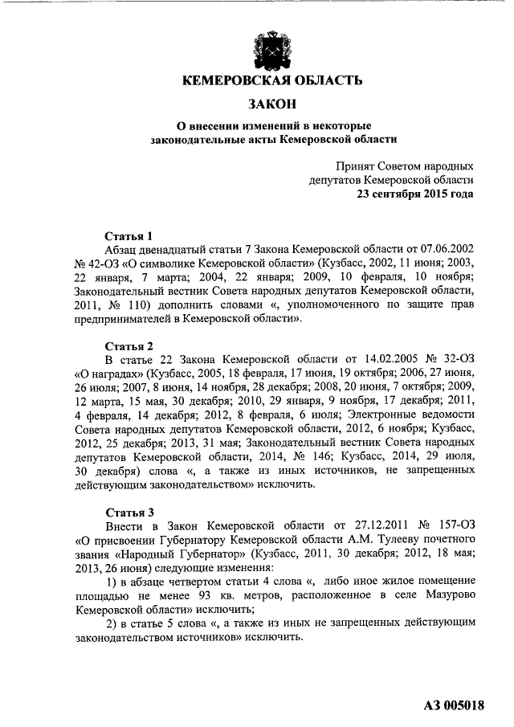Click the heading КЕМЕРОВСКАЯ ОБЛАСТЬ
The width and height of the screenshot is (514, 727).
coord(272,80)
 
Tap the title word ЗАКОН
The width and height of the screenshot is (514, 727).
coord(272,104)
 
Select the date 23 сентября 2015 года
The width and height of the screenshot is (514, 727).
coord(415,194)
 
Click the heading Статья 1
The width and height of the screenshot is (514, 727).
coord(129,236)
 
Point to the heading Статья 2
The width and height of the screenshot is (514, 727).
coord(129,345)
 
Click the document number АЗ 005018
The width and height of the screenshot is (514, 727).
coord(454,706)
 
